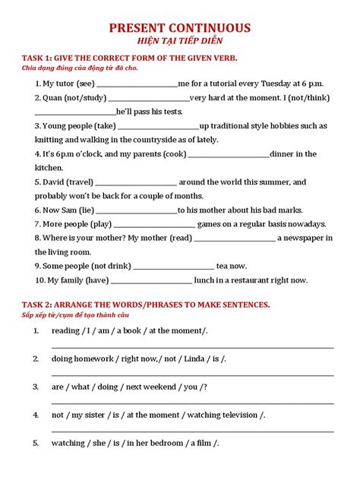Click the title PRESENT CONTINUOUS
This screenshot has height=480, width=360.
pyautogui.click(x=180, y=28)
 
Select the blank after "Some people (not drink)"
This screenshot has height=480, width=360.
pyautogui.click(x=173, y=267)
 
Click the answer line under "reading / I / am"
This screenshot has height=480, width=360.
pyautogui.click(x=192, y=346)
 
